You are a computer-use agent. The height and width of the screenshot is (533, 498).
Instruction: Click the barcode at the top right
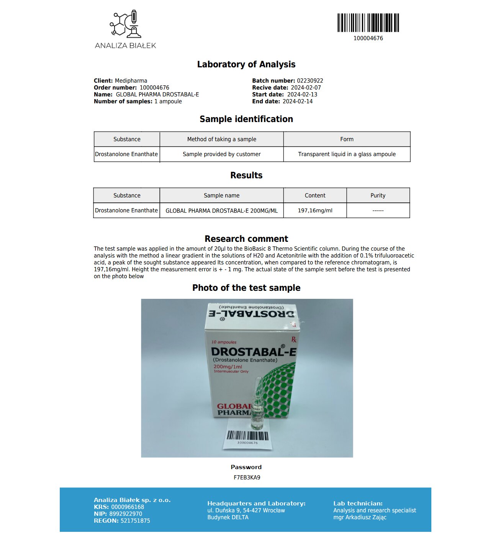(x=368, y=23)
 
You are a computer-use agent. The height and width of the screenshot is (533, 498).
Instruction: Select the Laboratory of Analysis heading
(x=246, y=64)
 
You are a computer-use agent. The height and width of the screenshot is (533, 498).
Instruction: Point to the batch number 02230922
(x=310, y=81)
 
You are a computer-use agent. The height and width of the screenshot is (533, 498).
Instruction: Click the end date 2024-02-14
(x=298, y=101)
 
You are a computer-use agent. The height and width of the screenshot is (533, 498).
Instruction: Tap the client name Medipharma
(x=131, y=81)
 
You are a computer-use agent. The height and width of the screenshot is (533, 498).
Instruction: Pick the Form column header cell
(x=347, y=139)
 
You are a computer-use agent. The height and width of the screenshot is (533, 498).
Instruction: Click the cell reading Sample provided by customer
(x=221, y=154)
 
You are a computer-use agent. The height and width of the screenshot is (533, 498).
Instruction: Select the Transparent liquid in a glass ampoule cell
(x=347, y=154)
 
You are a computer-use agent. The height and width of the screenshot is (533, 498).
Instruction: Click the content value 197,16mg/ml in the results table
(x=315, y=210)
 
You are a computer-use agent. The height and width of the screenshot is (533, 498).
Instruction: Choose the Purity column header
(x=378, y=196)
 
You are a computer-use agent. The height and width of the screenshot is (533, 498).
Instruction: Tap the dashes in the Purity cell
(x=378, y=210)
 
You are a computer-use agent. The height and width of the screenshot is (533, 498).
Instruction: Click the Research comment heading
(x=246, y=239)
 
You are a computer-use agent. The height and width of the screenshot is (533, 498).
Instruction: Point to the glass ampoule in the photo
(x=257, y=406)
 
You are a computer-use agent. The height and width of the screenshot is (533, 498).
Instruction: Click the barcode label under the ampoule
(x=247, y=437)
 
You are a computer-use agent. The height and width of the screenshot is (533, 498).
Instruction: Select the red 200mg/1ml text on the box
(x=228, y=367)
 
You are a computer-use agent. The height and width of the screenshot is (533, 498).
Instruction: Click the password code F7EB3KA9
(x=247, y=478)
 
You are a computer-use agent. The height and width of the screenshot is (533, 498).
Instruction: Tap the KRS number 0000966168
(x=128, y=507)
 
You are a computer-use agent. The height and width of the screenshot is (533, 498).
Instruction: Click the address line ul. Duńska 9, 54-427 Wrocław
(x=246, y=510)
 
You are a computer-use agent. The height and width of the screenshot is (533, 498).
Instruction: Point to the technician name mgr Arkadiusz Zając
(x=360, y=517)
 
